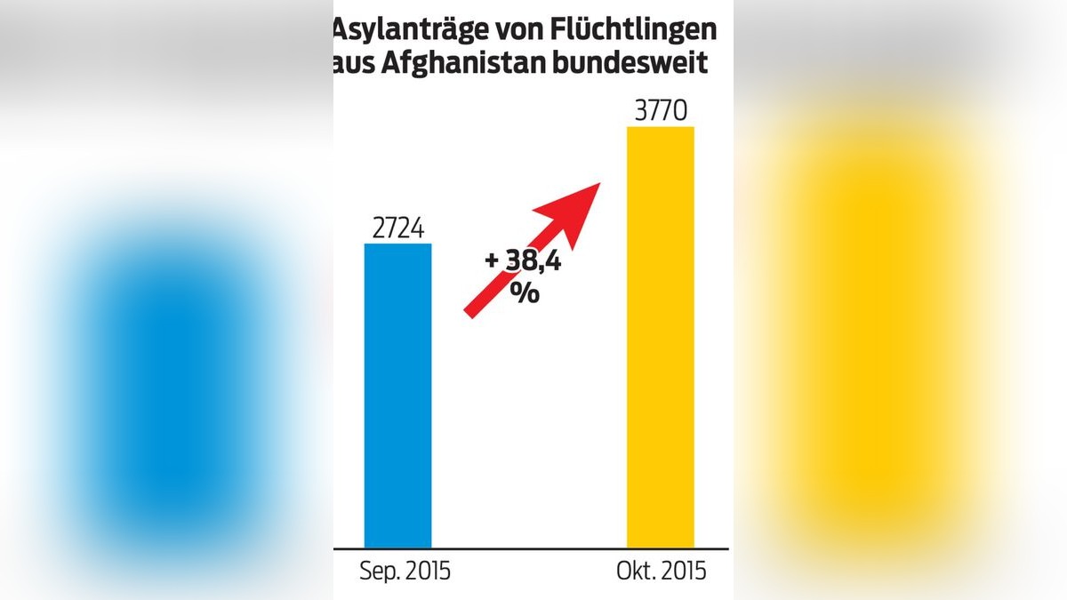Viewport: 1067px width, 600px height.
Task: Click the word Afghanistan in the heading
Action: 456,65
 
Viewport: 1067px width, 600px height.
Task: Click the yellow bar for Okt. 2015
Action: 660,338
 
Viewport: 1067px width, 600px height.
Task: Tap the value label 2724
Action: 397,228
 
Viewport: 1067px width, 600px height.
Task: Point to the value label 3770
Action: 660,112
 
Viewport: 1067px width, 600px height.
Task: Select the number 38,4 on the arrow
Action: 534,262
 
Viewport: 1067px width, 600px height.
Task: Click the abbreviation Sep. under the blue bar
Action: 378,571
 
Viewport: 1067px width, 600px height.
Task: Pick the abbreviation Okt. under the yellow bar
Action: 636,571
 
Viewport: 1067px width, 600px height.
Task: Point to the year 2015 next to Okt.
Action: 683,571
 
